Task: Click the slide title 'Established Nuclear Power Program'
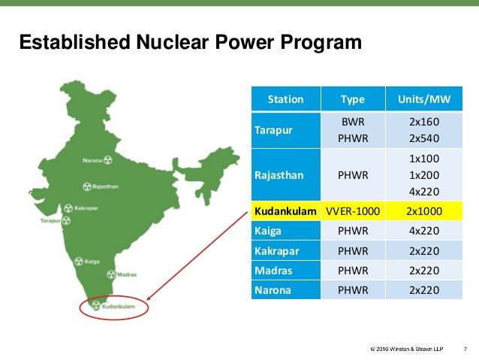190,44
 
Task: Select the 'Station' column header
285,99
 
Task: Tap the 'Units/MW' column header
423,99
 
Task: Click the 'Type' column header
353,99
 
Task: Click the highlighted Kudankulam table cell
285,213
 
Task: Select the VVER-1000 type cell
353,213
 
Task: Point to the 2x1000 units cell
423,213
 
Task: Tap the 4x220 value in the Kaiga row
423,232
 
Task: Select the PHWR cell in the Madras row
353,271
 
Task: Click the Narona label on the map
92,160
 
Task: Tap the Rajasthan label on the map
107,185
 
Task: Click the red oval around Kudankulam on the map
115,307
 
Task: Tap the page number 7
465,348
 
